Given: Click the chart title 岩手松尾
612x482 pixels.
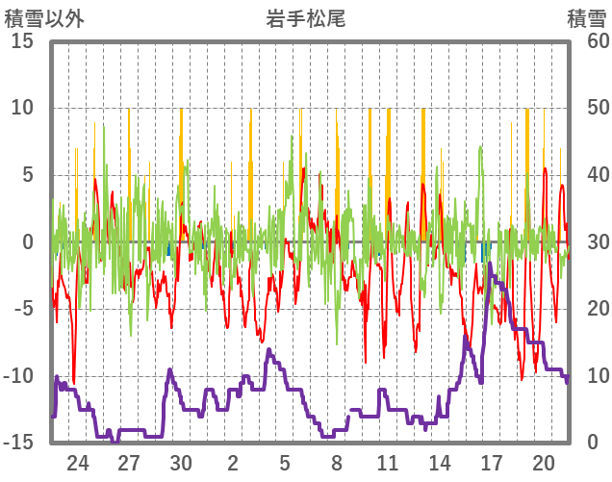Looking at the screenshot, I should pos(306,17).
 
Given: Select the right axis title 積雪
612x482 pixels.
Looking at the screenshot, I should pos(585,17).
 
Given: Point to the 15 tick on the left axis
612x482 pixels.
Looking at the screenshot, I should pos(22,42).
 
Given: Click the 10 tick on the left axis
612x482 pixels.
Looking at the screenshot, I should pos(22,109).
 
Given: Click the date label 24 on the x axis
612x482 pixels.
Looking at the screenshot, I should pos(77,462).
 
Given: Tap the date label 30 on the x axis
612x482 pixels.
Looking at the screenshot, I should pos(181,462).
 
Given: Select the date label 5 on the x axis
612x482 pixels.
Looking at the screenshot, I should pos(285,462).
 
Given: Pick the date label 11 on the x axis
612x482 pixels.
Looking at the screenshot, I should pos(388,462).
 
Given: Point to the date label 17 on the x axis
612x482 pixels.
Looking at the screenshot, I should pos(492,462).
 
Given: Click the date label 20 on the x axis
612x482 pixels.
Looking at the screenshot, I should pos(544,462).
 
